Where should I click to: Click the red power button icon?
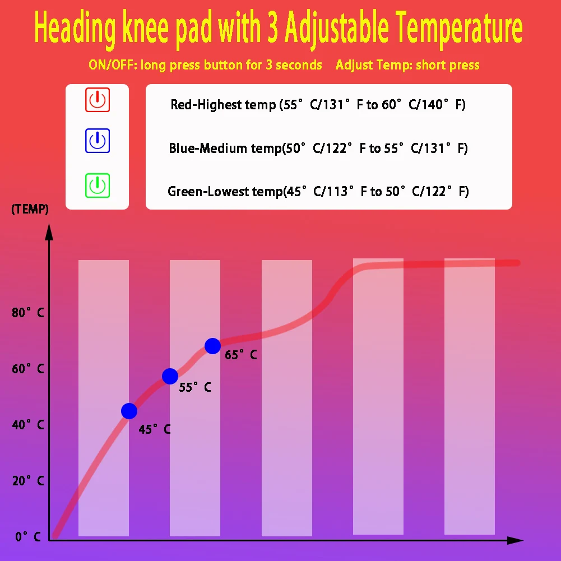[98, 100]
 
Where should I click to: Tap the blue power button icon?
[98, 141]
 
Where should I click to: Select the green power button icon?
[98, 186]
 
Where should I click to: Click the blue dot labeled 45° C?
[129, 411]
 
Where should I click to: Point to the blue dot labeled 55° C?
[170, 376]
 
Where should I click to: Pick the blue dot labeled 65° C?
[212, 346]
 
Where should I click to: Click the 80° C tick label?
[27, 313]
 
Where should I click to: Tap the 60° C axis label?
[27, 369]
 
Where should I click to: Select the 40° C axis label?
[27, 425]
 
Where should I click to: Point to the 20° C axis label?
[27, 481]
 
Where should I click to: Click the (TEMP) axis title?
[30, 210]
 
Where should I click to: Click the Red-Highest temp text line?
[318, 105]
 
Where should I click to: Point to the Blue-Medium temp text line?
[318, 149]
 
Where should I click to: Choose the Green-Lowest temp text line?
[318, 192]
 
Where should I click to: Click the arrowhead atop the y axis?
[49, 231]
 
